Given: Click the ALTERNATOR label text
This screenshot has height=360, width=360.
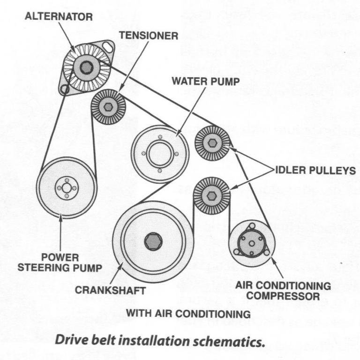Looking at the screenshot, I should tap(58, 16).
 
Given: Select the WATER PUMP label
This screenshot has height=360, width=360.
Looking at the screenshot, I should tap(206, 81).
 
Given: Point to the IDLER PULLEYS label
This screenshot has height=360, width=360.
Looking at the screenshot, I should tap(315, 170).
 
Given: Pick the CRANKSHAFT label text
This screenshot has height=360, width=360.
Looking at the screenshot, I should tap(110, 290).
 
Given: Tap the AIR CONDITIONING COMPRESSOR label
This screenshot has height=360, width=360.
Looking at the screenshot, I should tap(283, 291).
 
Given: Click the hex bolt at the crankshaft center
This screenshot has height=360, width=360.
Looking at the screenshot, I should tap(153, 241).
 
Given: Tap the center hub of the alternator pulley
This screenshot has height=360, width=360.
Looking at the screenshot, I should tap(86, 67).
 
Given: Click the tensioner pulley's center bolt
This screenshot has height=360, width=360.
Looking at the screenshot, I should tap(108, 107).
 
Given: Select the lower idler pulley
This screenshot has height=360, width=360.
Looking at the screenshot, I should tap(211, 195).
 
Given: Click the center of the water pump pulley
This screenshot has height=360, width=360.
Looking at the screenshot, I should tap(160, 153).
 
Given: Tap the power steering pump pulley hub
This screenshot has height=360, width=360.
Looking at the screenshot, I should tap(66, 187).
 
